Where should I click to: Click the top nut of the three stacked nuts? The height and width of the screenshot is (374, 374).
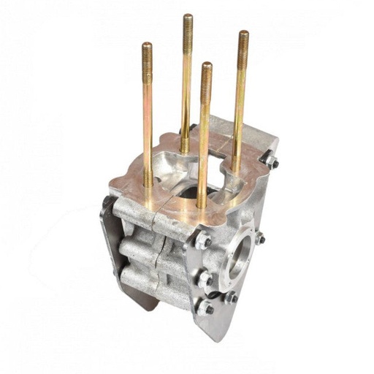pyautogui.click(x=202, y=240)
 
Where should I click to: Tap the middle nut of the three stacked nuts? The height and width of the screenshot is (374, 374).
pyautogui.click(x=205, y=279)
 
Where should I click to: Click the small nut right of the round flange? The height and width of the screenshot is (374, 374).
pyautogui.click(x=260, y=238)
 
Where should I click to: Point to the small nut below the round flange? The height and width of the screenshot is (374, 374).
pyautogui.click(x=231, y=297)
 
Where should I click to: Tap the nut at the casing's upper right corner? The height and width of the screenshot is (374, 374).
pyautogui.click(x=270, y=161)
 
